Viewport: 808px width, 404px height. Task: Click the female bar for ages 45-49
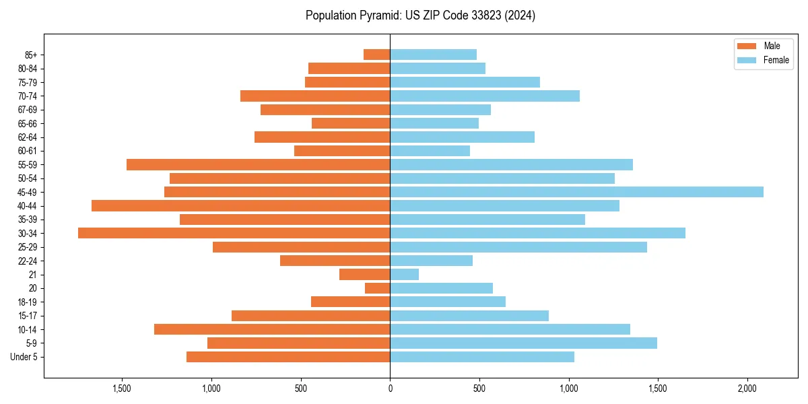(x=576, y=192)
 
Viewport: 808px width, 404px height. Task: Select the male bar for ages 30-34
(x=234, y=233)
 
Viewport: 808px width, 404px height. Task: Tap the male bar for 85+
(x=376, y=55)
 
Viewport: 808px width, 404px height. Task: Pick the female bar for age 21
(x=404, y=274)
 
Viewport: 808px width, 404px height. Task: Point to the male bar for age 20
(x=377, y=288)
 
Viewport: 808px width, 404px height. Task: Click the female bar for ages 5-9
(x=523, y=343)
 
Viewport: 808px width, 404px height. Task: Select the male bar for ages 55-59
(x=258, y=164)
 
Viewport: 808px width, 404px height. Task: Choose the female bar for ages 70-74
(x=485, y=96)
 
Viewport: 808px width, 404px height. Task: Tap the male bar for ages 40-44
(x=240, y=205)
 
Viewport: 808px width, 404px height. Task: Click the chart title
(x=420, y=15)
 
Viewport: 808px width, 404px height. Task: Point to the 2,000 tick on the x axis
(x=747, y=389)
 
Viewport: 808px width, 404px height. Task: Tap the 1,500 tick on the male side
(x=122, y=389)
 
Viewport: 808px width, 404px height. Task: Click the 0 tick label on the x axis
(x=390, y=389)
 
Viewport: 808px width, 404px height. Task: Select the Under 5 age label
(x=24, y=357)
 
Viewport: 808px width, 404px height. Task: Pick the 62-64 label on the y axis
(x=27, y=137)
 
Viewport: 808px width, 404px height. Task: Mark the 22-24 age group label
(x=27, y=261)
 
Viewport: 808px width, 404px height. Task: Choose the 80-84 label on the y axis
(x=27, y=68)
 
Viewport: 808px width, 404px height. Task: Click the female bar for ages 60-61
(x=430, y=151)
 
